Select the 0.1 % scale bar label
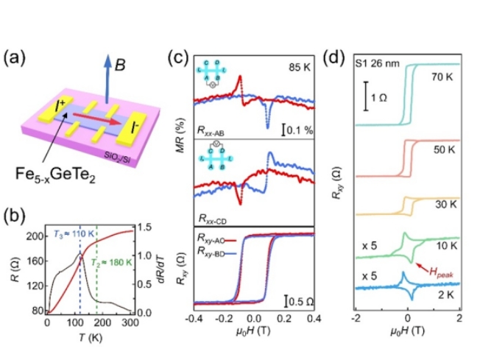coord(296,130)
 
